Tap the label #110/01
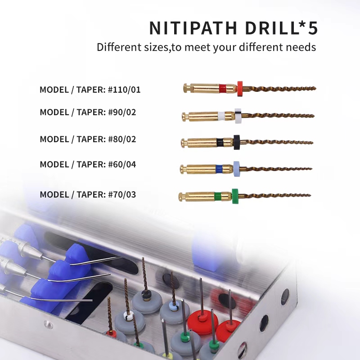coord(124,90)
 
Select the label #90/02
coord(122,112)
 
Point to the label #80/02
coord(122,139)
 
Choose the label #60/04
coord(122,164)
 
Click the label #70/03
coord(122,194)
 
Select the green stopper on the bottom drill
coord(235,196)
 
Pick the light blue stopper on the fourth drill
coord(236,168)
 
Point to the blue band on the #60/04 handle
coord(218,169)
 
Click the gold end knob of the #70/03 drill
coord(180,196)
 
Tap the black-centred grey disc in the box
coord(146,298)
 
